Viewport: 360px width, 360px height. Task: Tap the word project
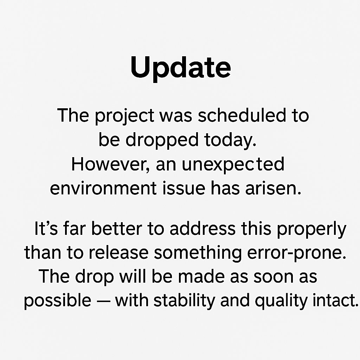(x=124, y=116)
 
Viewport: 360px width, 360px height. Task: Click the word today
(x=230, y=140)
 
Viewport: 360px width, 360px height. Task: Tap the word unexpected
(x=233, y=164)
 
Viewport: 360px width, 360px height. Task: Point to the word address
(x=202, y=229)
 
